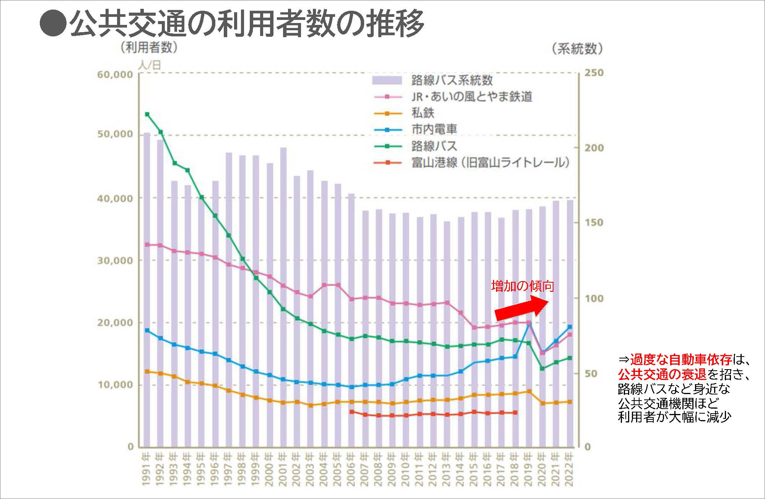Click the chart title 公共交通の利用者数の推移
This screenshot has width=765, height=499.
(x=247, y=24)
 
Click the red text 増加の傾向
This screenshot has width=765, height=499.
(x=522, y=286)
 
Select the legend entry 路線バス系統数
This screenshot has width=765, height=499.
(x=452, y=80)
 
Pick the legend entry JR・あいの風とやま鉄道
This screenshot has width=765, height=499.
(x=472, y=97)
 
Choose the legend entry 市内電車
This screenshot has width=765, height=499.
(x=434, y=129)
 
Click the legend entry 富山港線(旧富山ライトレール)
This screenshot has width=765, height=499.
(x=490, y=163)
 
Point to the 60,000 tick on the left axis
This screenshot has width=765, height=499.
(x=115, y=75)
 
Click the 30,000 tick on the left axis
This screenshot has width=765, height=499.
(x=115, y=261)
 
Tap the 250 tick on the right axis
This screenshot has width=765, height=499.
(x=594, y=73)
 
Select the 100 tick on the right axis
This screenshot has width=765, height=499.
(x=594, y=298)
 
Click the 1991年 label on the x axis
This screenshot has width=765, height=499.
(x=146, y=469)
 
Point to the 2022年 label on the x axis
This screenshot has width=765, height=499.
(x=570, y=469)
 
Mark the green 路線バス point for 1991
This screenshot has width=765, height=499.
(x=147, y=114)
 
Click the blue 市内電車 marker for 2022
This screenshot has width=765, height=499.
(x=570, y=327)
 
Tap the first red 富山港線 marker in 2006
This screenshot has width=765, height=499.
(x=352, y=412)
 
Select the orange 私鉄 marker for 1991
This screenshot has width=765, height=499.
(x=147, y=371)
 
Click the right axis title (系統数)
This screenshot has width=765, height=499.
(x=577, y=49)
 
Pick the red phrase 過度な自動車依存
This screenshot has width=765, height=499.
(x=681, y=360)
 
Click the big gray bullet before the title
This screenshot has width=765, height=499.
(x=53, y=24)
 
